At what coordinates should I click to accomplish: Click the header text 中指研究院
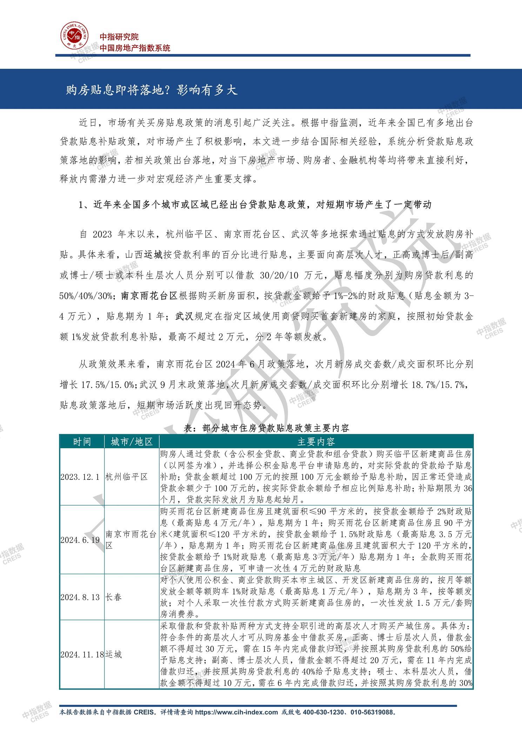tap(119, 36)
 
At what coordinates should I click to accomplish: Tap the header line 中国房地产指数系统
tap(135, 48)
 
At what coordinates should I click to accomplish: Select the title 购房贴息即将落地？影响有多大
tap(152, 90)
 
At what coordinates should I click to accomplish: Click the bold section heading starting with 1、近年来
tap(255, 205)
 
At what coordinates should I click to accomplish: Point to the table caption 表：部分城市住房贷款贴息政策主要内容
tap(266, 428)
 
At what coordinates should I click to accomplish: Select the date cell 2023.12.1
tap(80, 477)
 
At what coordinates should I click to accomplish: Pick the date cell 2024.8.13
tap(80, 597)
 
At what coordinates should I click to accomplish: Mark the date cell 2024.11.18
tap(82, 655)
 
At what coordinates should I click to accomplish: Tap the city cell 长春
tap(113, 597)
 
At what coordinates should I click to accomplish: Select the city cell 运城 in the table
tap(113, 655)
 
